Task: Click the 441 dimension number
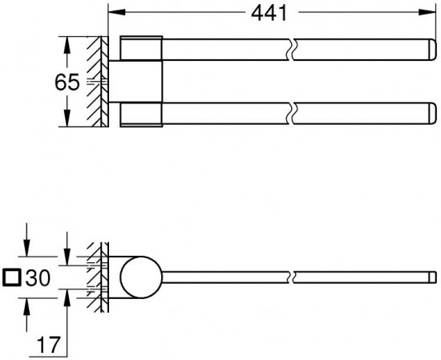(x=269, y=13)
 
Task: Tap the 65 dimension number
(x=67, y=82)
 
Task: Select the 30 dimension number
(x=38, y=278)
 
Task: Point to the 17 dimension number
(x=49, y=345)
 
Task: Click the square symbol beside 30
(x=11, y=277)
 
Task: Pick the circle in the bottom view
(x=141, y=277)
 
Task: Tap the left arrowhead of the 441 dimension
(x=117, y=12)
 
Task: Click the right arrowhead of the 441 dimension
(x=427, y=12)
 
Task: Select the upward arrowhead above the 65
(x=67, y=45)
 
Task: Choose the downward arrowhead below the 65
(x=67, y=118)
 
